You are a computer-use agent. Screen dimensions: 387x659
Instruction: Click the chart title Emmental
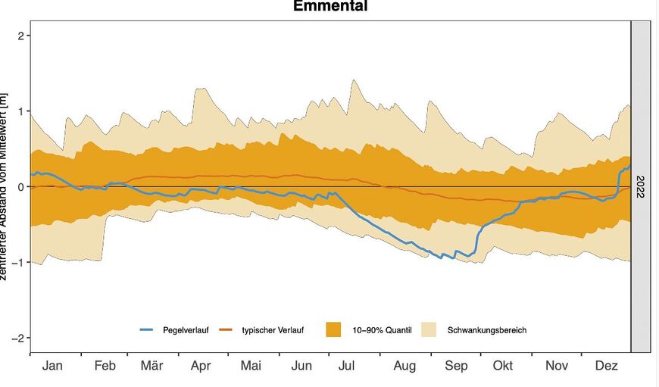(x=330, y=7)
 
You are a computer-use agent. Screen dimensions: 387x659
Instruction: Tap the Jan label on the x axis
(x=52, y=366)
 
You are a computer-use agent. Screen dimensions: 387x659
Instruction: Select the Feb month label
(x=105, y=366)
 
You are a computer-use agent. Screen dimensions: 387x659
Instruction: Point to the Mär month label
(x=151, y=366)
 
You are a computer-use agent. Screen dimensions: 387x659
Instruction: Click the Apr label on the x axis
(x=201, y=366)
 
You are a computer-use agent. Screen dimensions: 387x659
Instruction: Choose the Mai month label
(x=251, y=366)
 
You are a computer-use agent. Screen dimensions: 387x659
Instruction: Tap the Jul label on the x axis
(x=346, y=366)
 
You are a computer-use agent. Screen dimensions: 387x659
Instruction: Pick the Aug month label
(x=404, y=366)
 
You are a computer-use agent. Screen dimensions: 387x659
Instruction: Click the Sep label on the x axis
(x=456, y=366)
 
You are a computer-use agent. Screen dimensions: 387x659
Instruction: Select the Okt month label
(x=502, y=366)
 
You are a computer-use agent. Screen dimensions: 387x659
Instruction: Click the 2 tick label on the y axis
(x=23, y=36)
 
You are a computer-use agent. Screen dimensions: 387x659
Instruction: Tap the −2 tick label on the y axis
(x=20, y=338)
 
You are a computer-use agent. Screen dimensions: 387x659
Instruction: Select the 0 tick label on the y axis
(x=23, y=187)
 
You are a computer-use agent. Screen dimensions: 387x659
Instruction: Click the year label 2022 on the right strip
(x=641, y=186)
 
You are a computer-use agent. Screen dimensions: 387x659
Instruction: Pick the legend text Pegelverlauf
(x=186, y=330)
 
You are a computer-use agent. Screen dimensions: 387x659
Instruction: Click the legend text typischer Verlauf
(x=273, y=330)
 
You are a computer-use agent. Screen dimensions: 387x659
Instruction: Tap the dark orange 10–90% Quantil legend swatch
(x=333, y=330)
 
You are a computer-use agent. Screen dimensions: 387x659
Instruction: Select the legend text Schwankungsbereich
(x=487, y=330)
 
